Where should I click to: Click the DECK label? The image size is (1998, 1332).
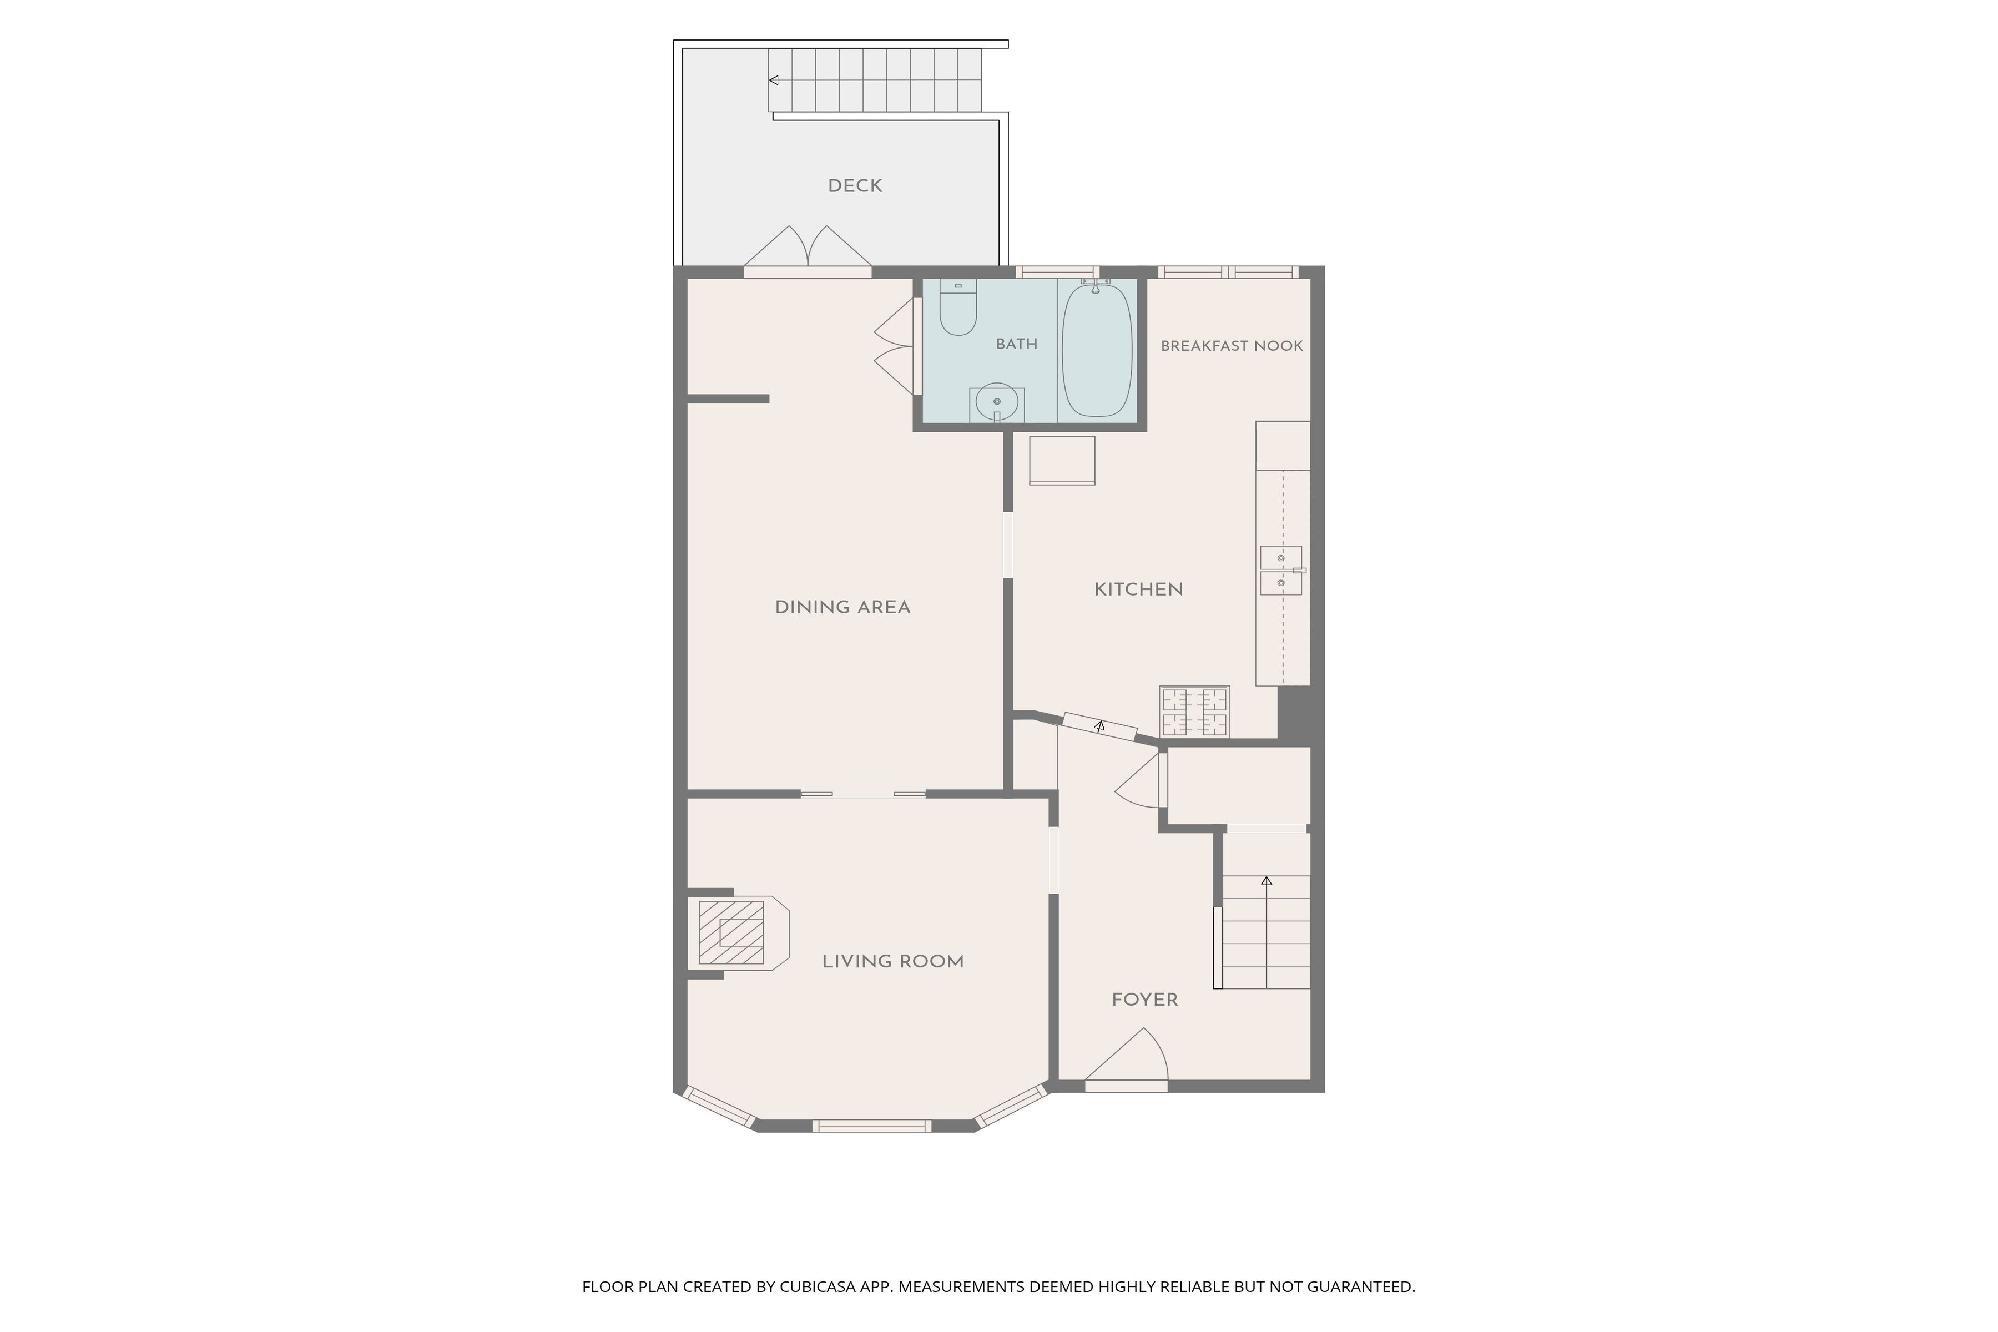[855, 186]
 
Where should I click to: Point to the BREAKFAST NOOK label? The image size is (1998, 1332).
[1232, 346]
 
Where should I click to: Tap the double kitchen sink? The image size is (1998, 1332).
[1280, 570]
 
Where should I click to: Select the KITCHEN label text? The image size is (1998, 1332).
[1138, 589]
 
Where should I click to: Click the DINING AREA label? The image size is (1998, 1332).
[842, 607]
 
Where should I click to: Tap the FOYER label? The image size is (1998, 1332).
[1145, 1000]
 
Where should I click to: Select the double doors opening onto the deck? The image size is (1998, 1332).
[808, 248]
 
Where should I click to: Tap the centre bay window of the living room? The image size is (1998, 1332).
[871, 1127]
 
